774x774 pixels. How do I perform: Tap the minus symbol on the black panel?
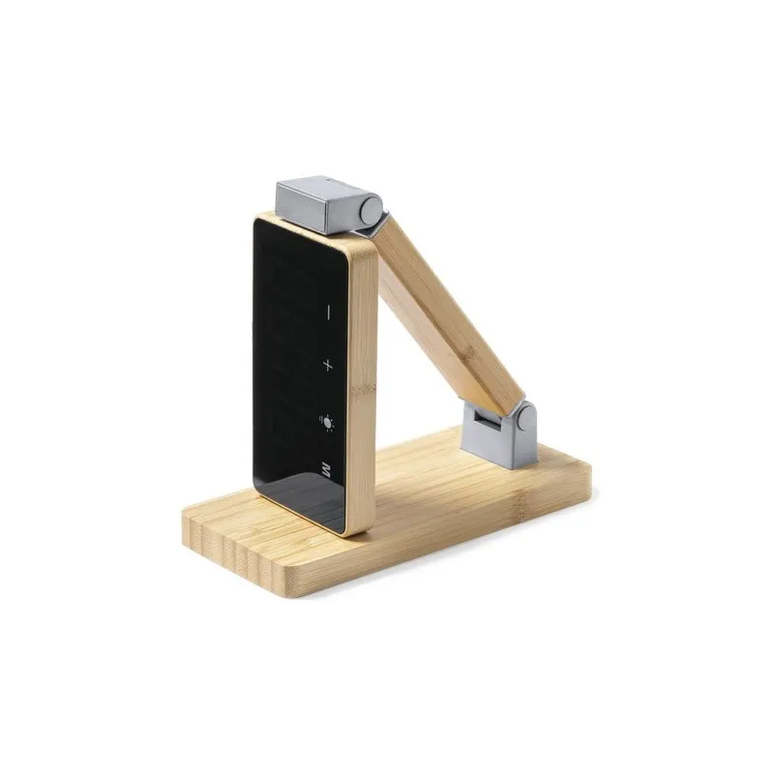click(x=328, y=313)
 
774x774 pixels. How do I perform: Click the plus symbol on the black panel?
click(x=328, y=366)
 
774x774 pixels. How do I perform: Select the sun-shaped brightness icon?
click(x=328, y=421)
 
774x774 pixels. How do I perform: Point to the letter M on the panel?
click(x=327, y=472)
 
